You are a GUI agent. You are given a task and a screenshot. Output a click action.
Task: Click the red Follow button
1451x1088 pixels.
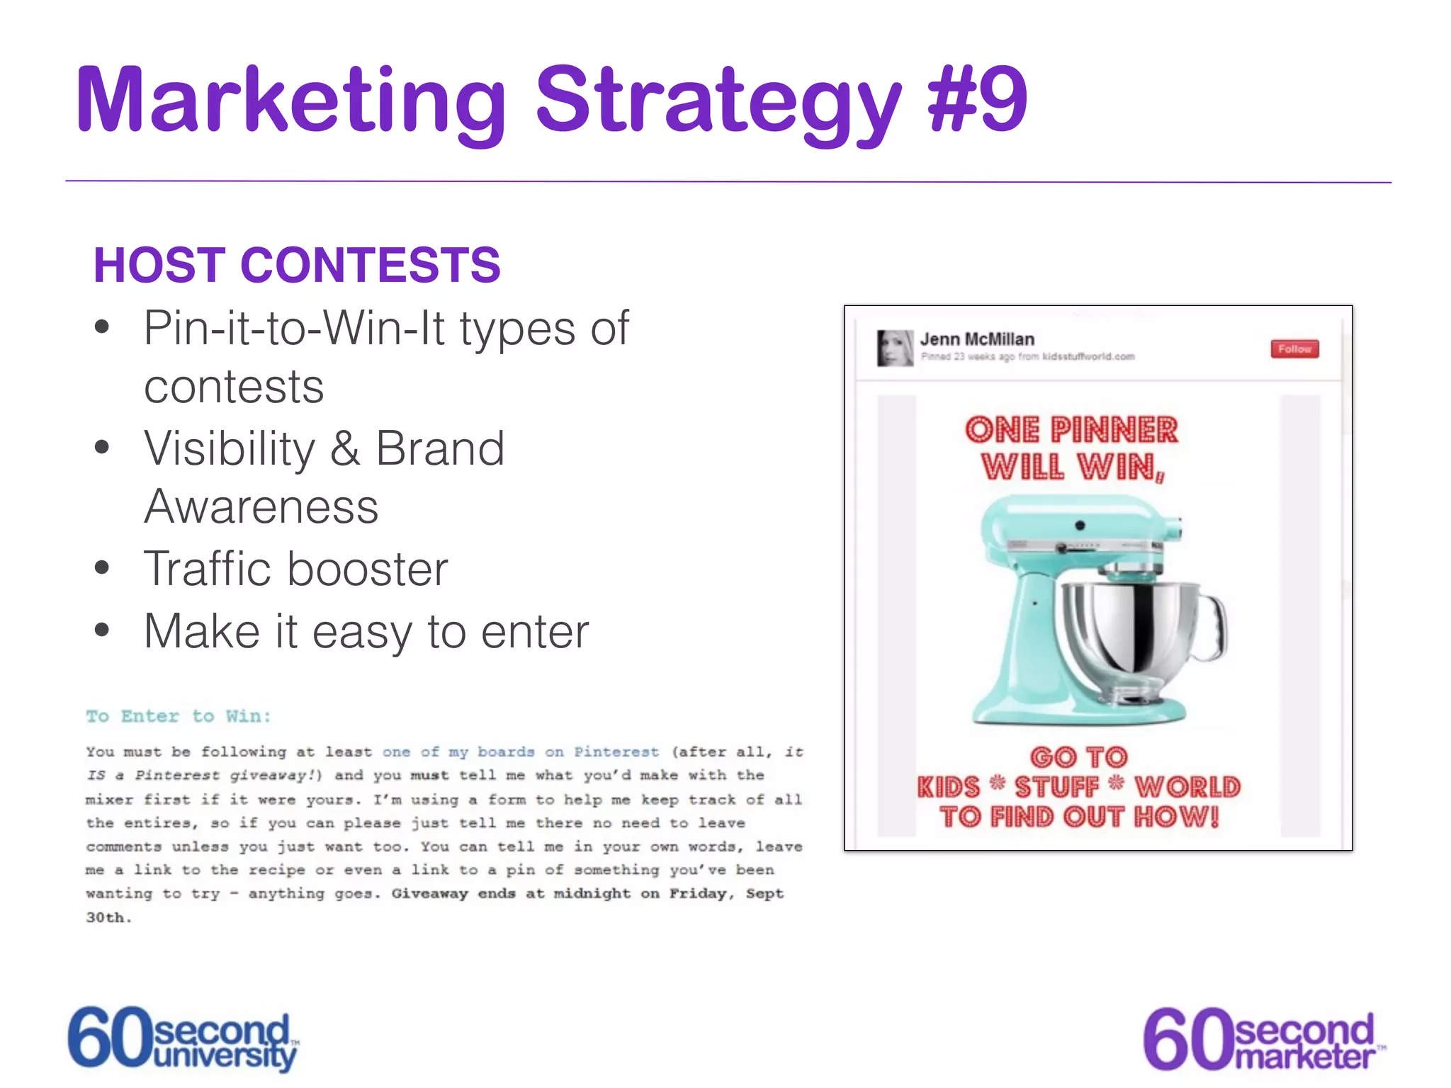pos(1294,349)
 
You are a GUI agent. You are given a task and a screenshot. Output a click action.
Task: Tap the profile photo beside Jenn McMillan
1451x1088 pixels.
pos(895,348)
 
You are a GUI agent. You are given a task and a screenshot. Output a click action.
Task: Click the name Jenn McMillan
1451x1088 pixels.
pos(977,339)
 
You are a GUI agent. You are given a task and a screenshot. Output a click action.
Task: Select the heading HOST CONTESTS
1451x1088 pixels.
pos(297,265)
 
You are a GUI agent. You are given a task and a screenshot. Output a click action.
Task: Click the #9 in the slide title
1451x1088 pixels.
pos(978,99)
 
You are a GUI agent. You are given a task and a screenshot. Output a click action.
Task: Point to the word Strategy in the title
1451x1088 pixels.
pos(718,101)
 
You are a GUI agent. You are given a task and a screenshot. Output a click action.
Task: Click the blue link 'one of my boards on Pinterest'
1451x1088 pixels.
pos(521,752)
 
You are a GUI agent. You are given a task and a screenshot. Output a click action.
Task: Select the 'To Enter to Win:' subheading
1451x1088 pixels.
pos(179,716)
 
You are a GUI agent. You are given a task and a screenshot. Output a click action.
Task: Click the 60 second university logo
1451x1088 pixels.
pos(184,1038)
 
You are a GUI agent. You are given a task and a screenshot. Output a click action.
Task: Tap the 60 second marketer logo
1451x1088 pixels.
pos(1263,1039)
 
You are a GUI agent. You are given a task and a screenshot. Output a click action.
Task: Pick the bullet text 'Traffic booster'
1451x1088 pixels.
pos(296,569)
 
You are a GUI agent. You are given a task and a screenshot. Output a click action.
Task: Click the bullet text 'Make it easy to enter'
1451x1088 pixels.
pos(366,631)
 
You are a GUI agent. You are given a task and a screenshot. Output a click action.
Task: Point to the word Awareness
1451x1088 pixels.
pos(261,507)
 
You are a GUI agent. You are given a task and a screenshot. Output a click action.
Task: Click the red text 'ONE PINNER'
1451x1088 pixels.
pos(1071,430)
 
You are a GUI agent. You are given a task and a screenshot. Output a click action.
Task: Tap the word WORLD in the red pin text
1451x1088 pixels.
pos(1187,787)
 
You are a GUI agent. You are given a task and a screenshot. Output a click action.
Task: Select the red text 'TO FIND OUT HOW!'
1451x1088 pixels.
pos(1079,817)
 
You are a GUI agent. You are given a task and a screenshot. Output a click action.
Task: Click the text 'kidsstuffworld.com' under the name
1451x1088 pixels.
pos(1088,356)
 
